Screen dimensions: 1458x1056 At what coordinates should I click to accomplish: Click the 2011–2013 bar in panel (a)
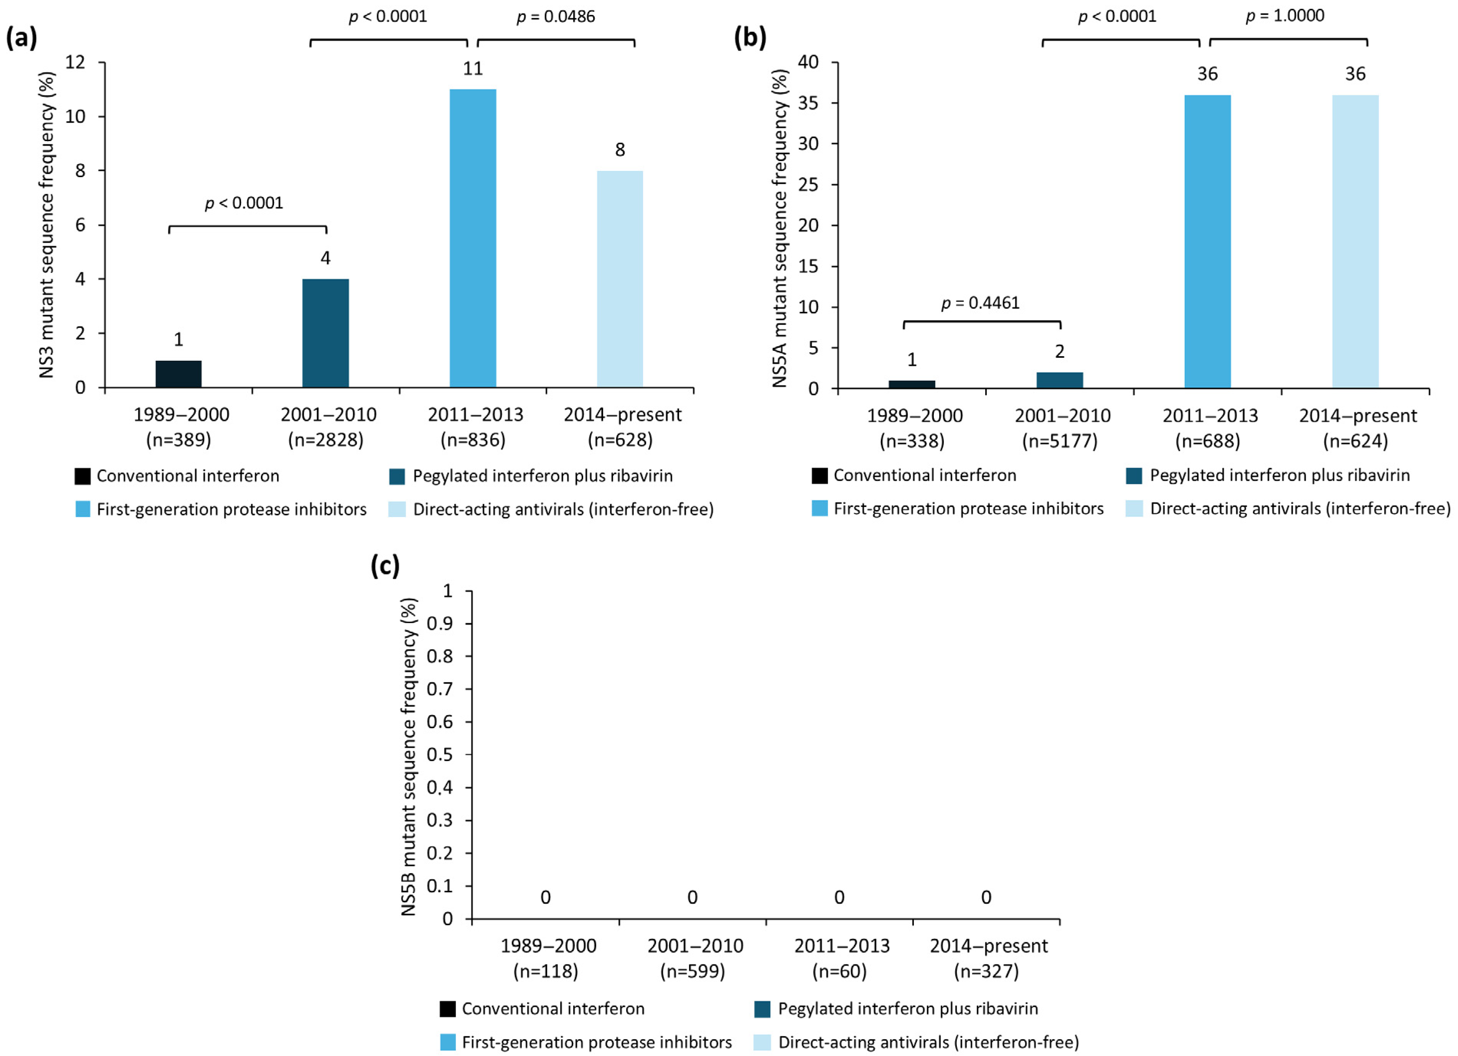(472, 238)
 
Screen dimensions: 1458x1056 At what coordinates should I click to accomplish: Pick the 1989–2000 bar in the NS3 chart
(179, 373)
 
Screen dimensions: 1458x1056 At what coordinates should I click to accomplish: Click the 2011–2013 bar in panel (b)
(1207, 241)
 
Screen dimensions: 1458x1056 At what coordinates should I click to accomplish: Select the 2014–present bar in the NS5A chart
(1355, 241)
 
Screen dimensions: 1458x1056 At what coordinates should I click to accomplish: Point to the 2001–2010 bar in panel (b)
(1059, 380)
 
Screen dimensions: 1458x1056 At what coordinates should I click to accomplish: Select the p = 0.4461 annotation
(980, 303)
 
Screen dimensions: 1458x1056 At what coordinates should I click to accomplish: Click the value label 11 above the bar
(472, 68)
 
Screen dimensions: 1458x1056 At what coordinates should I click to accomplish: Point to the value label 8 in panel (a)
(620, 150)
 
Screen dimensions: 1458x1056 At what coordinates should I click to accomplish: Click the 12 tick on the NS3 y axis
(75, 63)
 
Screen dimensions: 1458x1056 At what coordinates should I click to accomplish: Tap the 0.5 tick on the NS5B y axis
(440, 754)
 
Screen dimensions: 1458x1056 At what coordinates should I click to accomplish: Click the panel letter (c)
(385, 566)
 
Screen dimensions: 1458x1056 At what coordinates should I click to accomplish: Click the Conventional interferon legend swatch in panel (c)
(448, 1008)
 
